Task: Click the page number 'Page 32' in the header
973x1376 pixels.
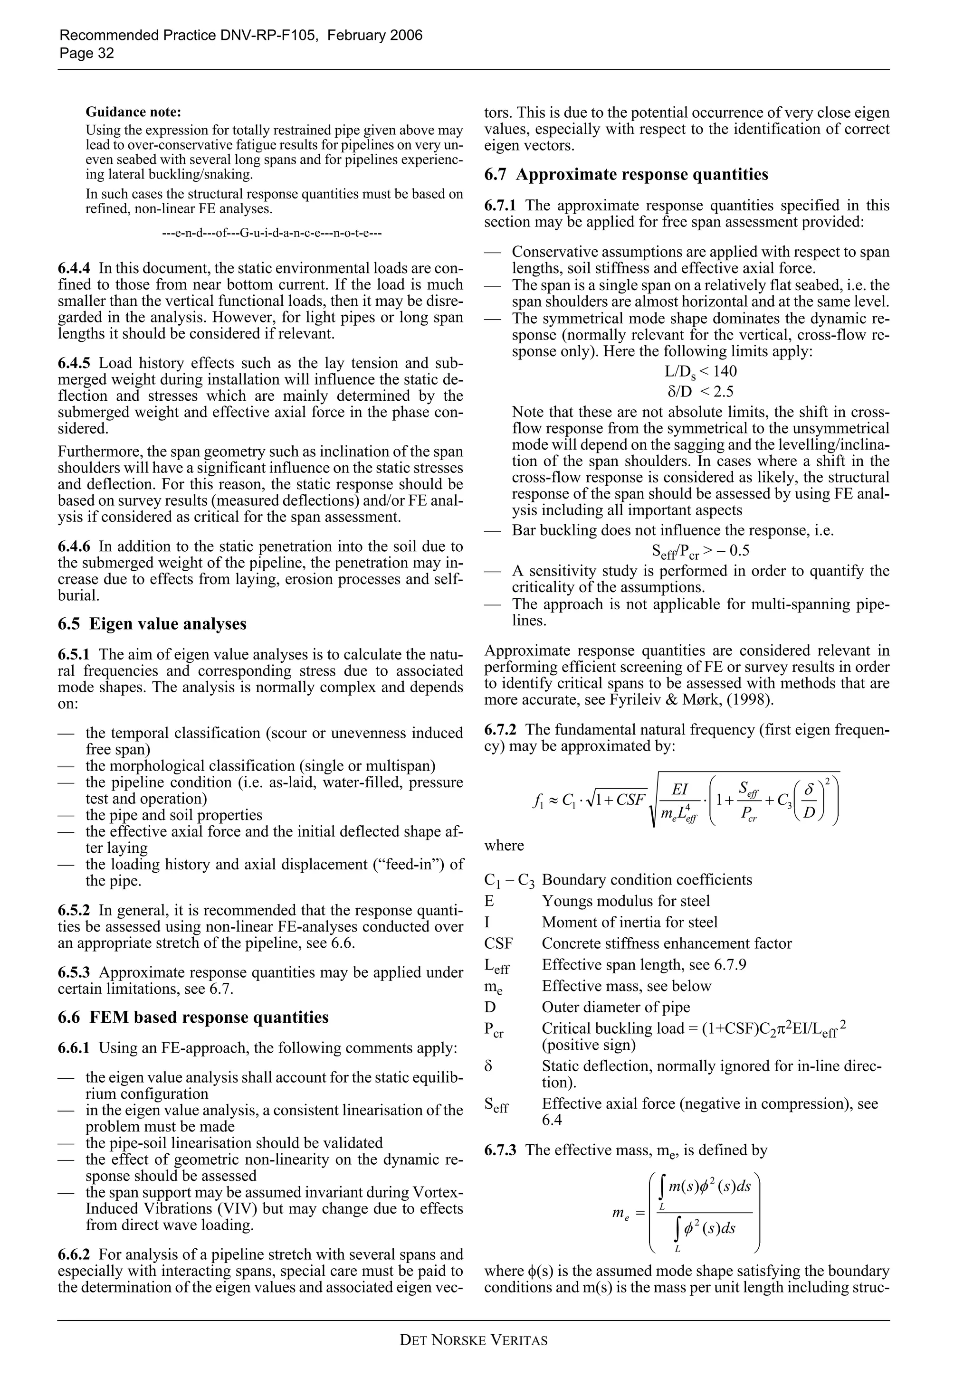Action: click(86, 53)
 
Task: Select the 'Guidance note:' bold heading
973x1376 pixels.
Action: click(133, 112)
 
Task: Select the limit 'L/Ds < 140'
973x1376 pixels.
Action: click(700, 372)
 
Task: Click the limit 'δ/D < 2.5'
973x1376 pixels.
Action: click(700, 392)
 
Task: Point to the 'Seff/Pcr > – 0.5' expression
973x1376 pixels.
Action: click(700, 551)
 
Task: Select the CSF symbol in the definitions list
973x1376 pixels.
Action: click(498, 944)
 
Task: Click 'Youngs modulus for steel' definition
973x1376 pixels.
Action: click(625, 901)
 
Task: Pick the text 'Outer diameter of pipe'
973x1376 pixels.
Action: click(616, 1008)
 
